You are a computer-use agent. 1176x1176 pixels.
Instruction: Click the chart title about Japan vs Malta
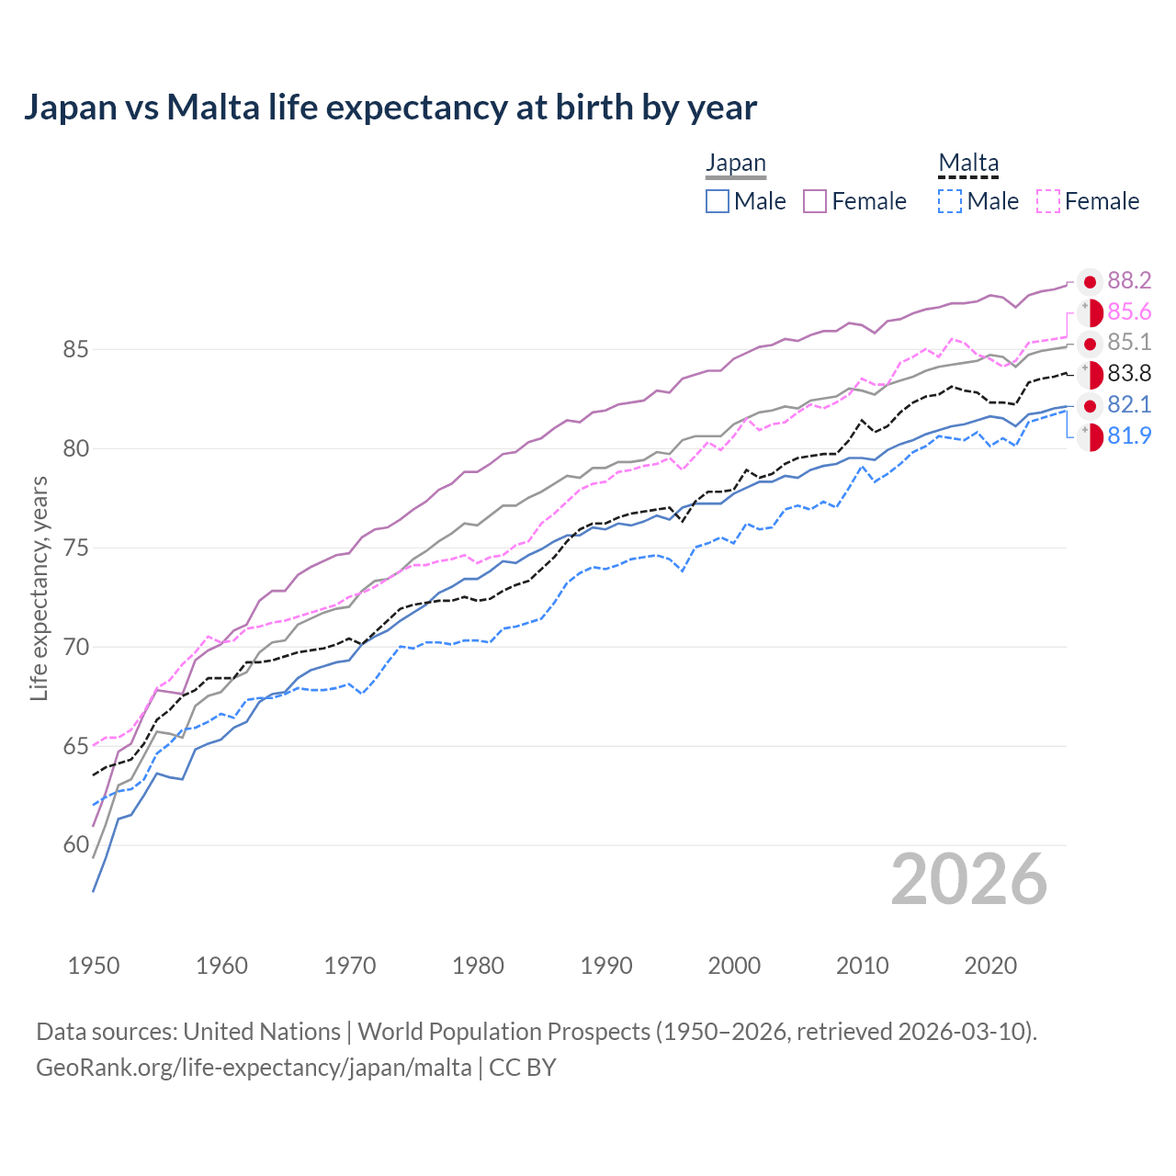pyautogui.click(x=390, y=107)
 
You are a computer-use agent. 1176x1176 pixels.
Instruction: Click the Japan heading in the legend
pyautogui.click(x=735, y=164)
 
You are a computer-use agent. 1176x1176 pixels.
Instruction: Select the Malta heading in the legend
pyautogui.click(x=968, y=164)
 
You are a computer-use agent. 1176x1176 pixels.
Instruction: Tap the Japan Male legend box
pyautogui.click(x=718, y=201)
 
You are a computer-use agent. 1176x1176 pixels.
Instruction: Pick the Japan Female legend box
pyautogui.click(x=816, y=201)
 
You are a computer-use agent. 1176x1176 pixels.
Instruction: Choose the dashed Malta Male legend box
pyautogui.click(x=951, y=201)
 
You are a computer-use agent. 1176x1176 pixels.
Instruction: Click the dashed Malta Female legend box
pyautogui.click(x=1048, y=201)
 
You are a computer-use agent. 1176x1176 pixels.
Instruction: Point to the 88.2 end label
pyautogui.click(x=1129, y=281)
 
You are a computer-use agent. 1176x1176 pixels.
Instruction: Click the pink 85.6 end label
pyautogui.click(x=1129, y=312)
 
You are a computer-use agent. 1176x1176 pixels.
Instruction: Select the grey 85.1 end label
pyautogui.click(x=1129, y=343)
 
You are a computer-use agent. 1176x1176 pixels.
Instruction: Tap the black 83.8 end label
pyautogui.click(x=1129, y=374)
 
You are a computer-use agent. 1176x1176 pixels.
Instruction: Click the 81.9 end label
pyautogui.click(x=1129, y=436)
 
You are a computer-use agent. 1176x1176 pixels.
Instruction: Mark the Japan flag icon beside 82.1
pyautogui.click(x=1090, y=406)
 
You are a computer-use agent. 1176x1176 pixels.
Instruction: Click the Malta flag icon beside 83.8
pyautogui.click(x=1090, y=375)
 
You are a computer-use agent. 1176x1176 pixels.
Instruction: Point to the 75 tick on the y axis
pyautogui.click(x=76, y=548)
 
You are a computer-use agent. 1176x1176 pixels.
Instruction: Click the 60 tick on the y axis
pyautogui.click(x=76, y=845)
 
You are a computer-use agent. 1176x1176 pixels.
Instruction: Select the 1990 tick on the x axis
pyautogui.click(x=606, y=966)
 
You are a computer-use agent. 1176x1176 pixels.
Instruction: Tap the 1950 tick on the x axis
pyautogui.click(x=94, y=966)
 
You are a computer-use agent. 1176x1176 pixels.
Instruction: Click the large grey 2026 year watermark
pyautogui.click(x=969, y=879)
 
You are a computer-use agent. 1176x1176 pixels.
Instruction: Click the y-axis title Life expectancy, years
pyautogui.click(x=40, y=588)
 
